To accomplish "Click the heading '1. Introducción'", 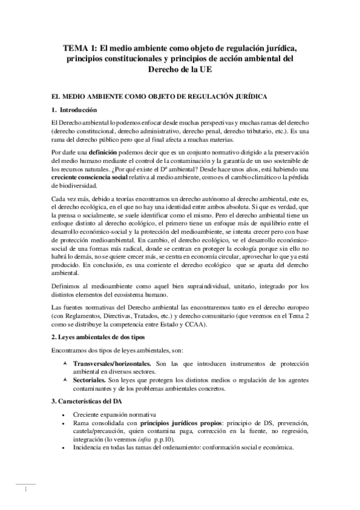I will click(75, 110).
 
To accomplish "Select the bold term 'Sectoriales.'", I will click(90, 381).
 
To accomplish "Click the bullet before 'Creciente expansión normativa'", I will click(63, 416).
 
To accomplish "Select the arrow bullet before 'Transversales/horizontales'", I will click(64, 364).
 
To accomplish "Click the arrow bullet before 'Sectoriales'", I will click(64, 381).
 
